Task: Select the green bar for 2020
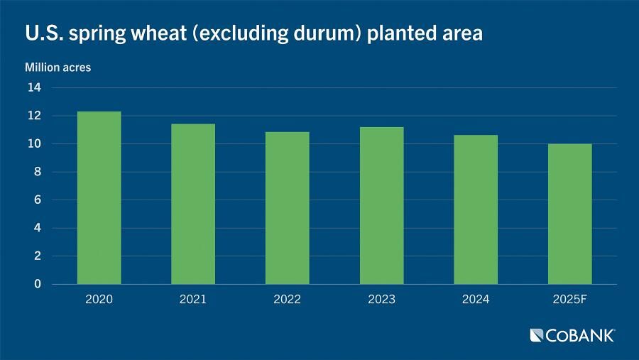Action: [x=99, y=197]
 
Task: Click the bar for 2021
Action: [x=193, y=204]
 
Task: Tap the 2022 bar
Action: [x=288, y=208]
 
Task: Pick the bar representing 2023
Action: [x=382, y=205]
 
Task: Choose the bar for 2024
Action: [x=476, y=209]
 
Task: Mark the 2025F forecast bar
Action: [x=569, y=214]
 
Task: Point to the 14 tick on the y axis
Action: [x=34, y=87]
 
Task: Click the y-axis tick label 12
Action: [x=34, y=115]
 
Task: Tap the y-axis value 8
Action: [x=38, y=172]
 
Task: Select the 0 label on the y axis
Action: [x=38, y=284]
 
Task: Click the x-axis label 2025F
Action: [x=569, y=299]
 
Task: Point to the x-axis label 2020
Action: [x=99, y=299]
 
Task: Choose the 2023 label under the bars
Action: [x=382, y=299]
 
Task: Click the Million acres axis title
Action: [x=58, y=67]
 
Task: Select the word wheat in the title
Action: [x=158, y=33]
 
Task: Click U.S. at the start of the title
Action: [x=44, y=33]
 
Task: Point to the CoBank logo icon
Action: [x=536, y=336]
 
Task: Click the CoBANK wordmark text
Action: [x=580, y=336]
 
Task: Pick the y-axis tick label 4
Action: [x=38, y=228]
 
